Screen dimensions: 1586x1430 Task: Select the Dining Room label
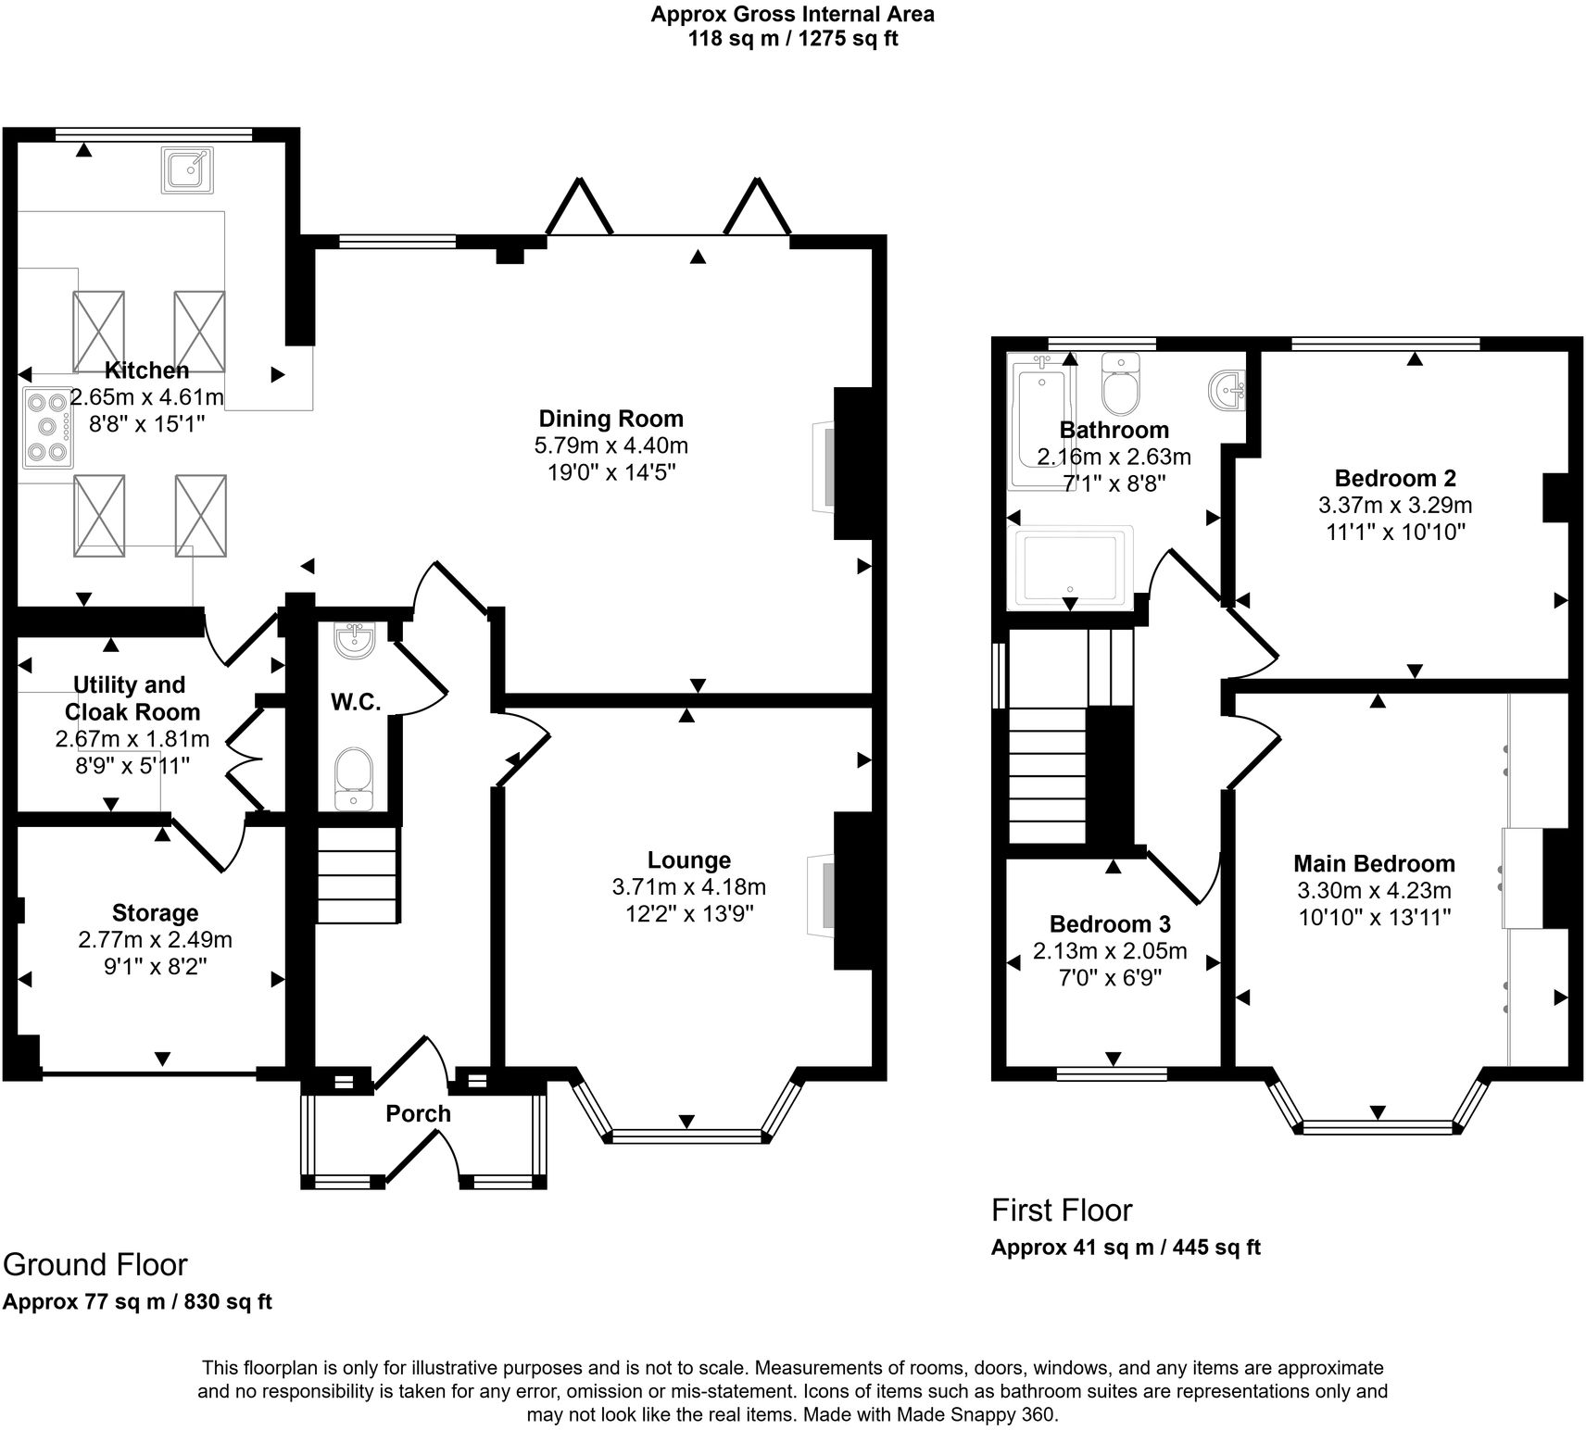[611, 419]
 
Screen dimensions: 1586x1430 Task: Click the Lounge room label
[689, 860]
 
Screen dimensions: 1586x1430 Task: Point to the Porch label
[419, 1113]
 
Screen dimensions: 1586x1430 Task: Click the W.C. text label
[357, 703]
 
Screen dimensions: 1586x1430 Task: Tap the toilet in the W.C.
[354, 778]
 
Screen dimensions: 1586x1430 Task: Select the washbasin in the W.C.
[354, 640]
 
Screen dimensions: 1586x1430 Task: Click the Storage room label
[156, 913]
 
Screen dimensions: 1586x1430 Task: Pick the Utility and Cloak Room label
[130, 698]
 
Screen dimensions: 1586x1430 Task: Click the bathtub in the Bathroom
[1041, 424]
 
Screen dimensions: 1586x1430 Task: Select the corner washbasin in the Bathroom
[1228, 391]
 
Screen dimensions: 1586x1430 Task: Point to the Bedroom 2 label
[1395, 478]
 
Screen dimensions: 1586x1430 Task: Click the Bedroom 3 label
[1110, 923]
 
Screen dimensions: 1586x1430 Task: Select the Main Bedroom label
[1374, 863]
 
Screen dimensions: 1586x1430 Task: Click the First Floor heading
[1062, 1210]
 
